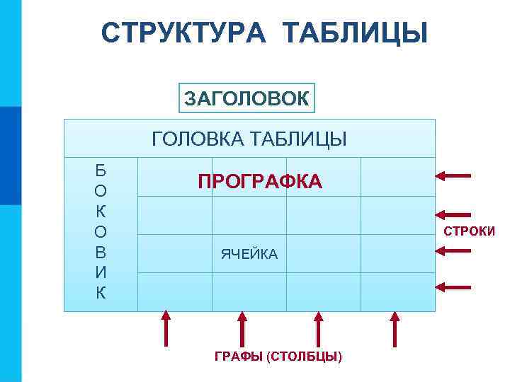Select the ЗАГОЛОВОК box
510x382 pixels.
(x=246, y=99)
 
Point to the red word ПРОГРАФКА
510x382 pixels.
(x=260, y=183)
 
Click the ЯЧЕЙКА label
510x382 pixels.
(x=249, y=254)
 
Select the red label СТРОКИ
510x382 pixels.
(x=469, y=231)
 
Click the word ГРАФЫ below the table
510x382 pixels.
(x=239, y=356)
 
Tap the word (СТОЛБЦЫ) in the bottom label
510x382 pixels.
(x=305, y=356)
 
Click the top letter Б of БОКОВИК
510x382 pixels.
(x=101, y=170)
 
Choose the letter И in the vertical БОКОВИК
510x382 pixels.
(x=101, y=272)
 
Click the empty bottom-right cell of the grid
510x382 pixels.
(x=397, y=291)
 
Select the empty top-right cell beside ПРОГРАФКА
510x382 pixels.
(x=397, y=177)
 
